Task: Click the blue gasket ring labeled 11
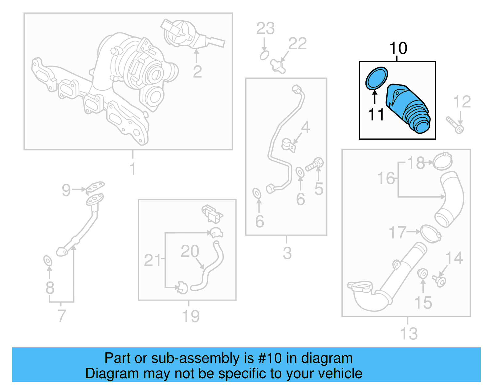point(376,78)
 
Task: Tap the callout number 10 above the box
point(398,48)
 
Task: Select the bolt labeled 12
point(455,125)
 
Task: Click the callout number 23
point(265,29)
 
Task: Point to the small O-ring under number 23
point(264,56)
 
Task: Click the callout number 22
point(298,44)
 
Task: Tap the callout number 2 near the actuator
point(197,72)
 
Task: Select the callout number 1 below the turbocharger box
point(132,169)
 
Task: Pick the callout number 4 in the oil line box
point(305,127)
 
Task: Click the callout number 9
point(66,190)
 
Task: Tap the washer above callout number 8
point(48,261)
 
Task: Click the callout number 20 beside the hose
point(189,251)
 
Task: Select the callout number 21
point(152,260)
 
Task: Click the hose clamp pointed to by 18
point(442,162)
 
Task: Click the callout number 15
point(423,303)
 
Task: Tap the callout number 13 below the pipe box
point(409,334)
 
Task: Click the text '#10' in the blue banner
point(270,358)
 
